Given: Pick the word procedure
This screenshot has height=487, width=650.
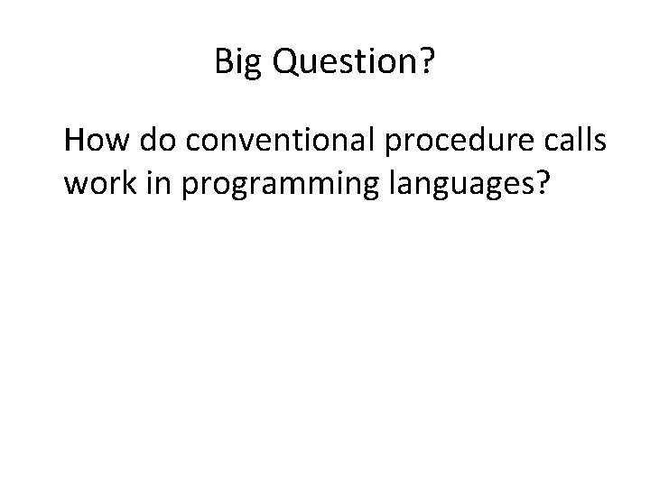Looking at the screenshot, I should pyautogui.click(x=429, y=142).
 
